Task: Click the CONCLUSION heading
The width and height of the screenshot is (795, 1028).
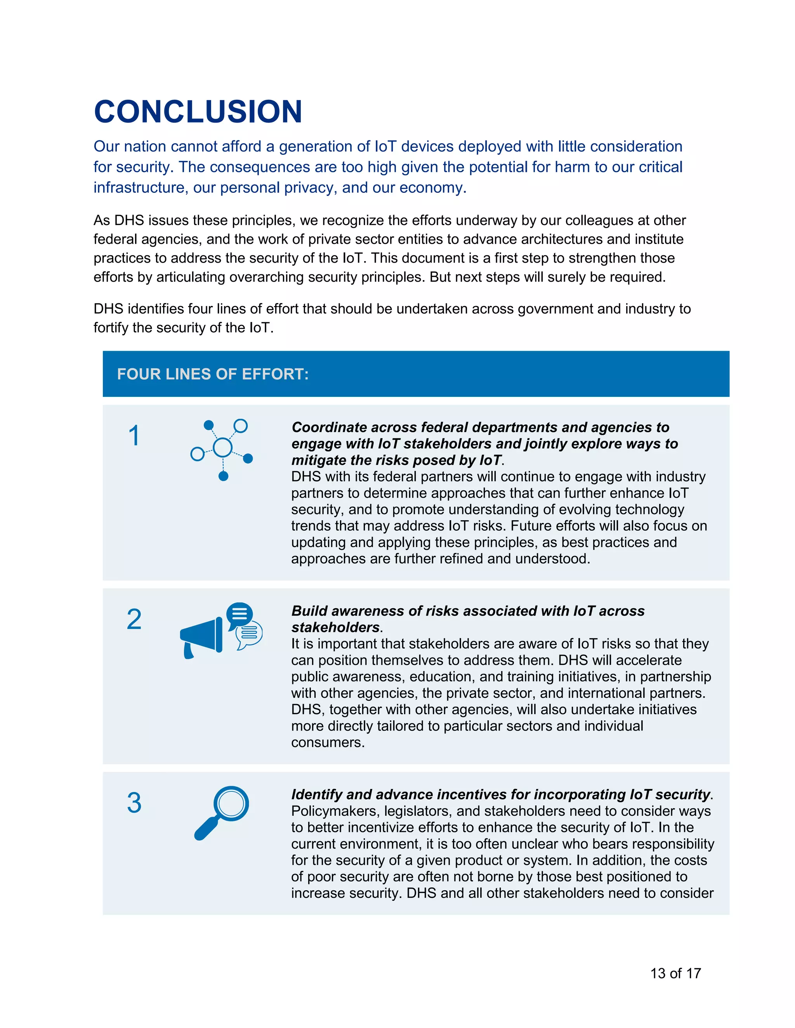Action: (198, 112)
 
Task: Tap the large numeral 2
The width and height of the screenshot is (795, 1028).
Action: (134, 619)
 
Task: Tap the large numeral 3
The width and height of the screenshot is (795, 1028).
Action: (134, 803)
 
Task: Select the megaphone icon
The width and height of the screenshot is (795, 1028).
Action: (201, 636)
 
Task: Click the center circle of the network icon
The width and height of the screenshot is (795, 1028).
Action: (223, 447)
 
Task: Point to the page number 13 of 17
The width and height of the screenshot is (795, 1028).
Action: (675, 973)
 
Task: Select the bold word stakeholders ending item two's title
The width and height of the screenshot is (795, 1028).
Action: (335, 627)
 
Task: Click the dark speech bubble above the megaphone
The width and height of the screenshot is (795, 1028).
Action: (239, 614)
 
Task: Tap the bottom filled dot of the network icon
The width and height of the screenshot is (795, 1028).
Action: (224, 476)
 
